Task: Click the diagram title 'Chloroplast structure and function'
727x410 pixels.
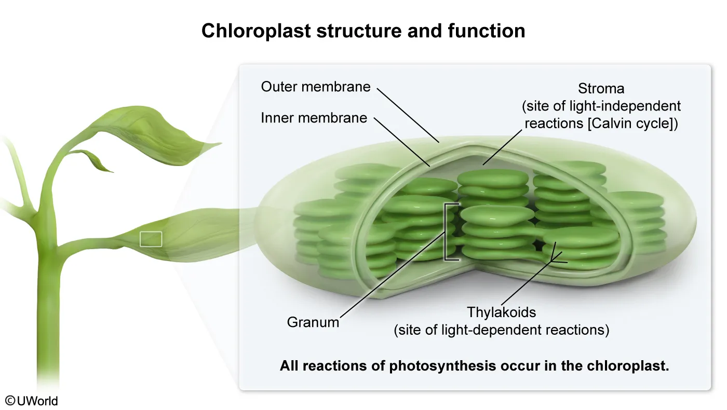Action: tap(363, 31)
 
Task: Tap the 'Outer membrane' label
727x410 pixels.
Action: tap(316, 86)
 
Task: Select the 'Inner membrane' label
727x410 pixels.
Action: tap(314, 118)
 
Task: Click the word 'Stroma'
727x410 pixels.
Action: tap(601, 88)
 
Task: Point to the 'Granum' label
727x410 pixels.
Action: tap(313, 322)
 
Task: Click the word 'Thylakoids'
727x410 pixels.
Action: tap(501, 312)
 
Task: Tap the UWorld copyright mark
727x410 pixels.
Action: tap(32, 401)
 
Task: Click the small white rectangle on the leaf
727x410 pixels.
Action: tap(151, 239)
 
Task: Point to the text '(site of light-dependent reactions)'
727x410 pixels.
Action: tap(501, 330)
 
